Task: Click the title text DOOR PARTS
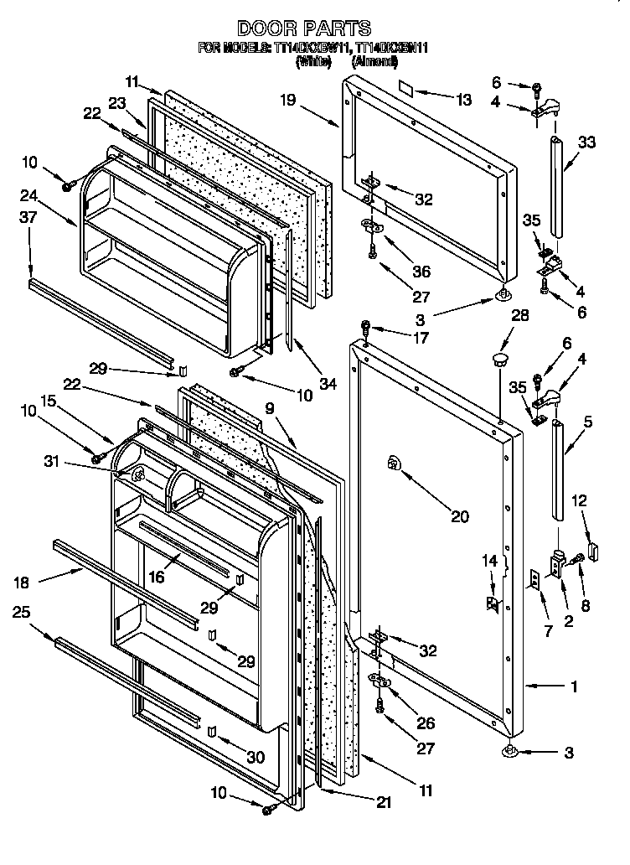(x=315, y=29)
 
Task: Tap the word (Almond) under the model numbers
(x=374, y=61)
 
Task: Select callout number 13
(x=463, y=100)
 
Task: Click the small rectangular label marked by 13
(x=408, y=85)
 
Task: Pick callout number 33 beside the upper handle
(x=586, y=142)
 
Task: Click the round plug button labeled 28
(x=501, y=361)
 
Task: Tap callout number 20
(x=460, y=516)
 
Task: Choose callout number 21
(x=383, y=802)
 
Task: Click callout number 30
(x=255, y=757)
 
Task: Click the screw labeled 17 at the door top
(x=365, y=326)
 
